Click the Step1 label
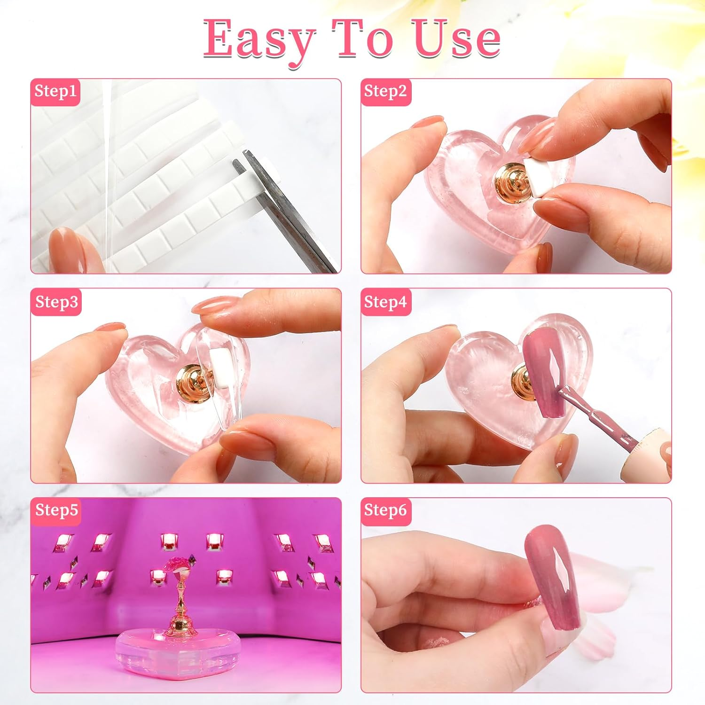(x=55, y=91)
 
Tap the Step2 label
(x=385, y=91)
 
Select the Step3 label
(x=56, y=302)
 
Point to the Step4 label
(x=385, y=302)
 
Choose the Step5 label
(x=56, y=510)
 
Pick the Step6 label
(x=385, y=510)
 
